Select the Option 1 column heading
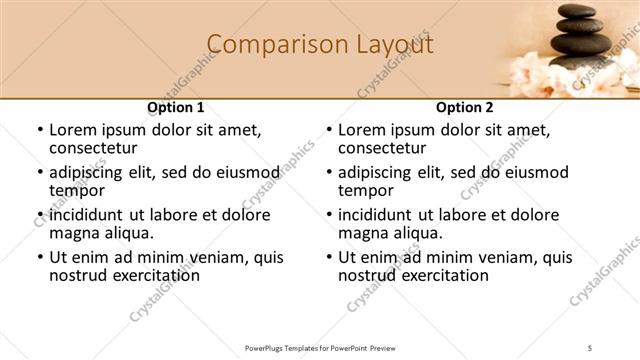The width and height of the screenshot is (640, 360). click(x=176, y=107)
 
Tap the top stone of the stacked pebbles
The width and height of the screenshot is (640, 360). click(x=574, y=11)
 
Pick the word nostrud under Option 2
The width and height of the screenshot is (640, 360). click(x=369, y=275)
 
